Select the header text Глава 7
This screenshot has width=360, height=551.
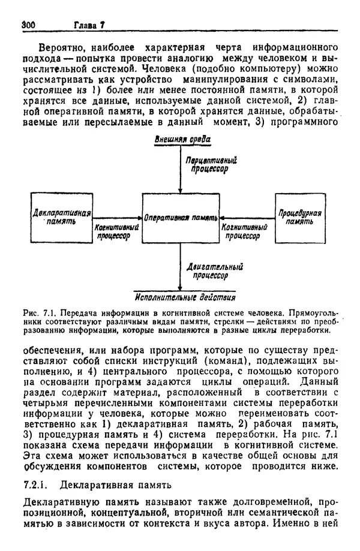pyautogui.click(x=89, y=25)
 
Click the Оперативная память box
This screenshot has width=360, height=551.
pyautogui.click(x=180, y=218)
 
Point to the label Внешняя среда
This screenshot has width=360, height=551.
pyautogui.click(x=182, y=140)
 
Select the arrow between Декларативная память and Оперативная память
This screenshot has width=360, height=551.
pyautogui.click(x=118, y=219)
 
